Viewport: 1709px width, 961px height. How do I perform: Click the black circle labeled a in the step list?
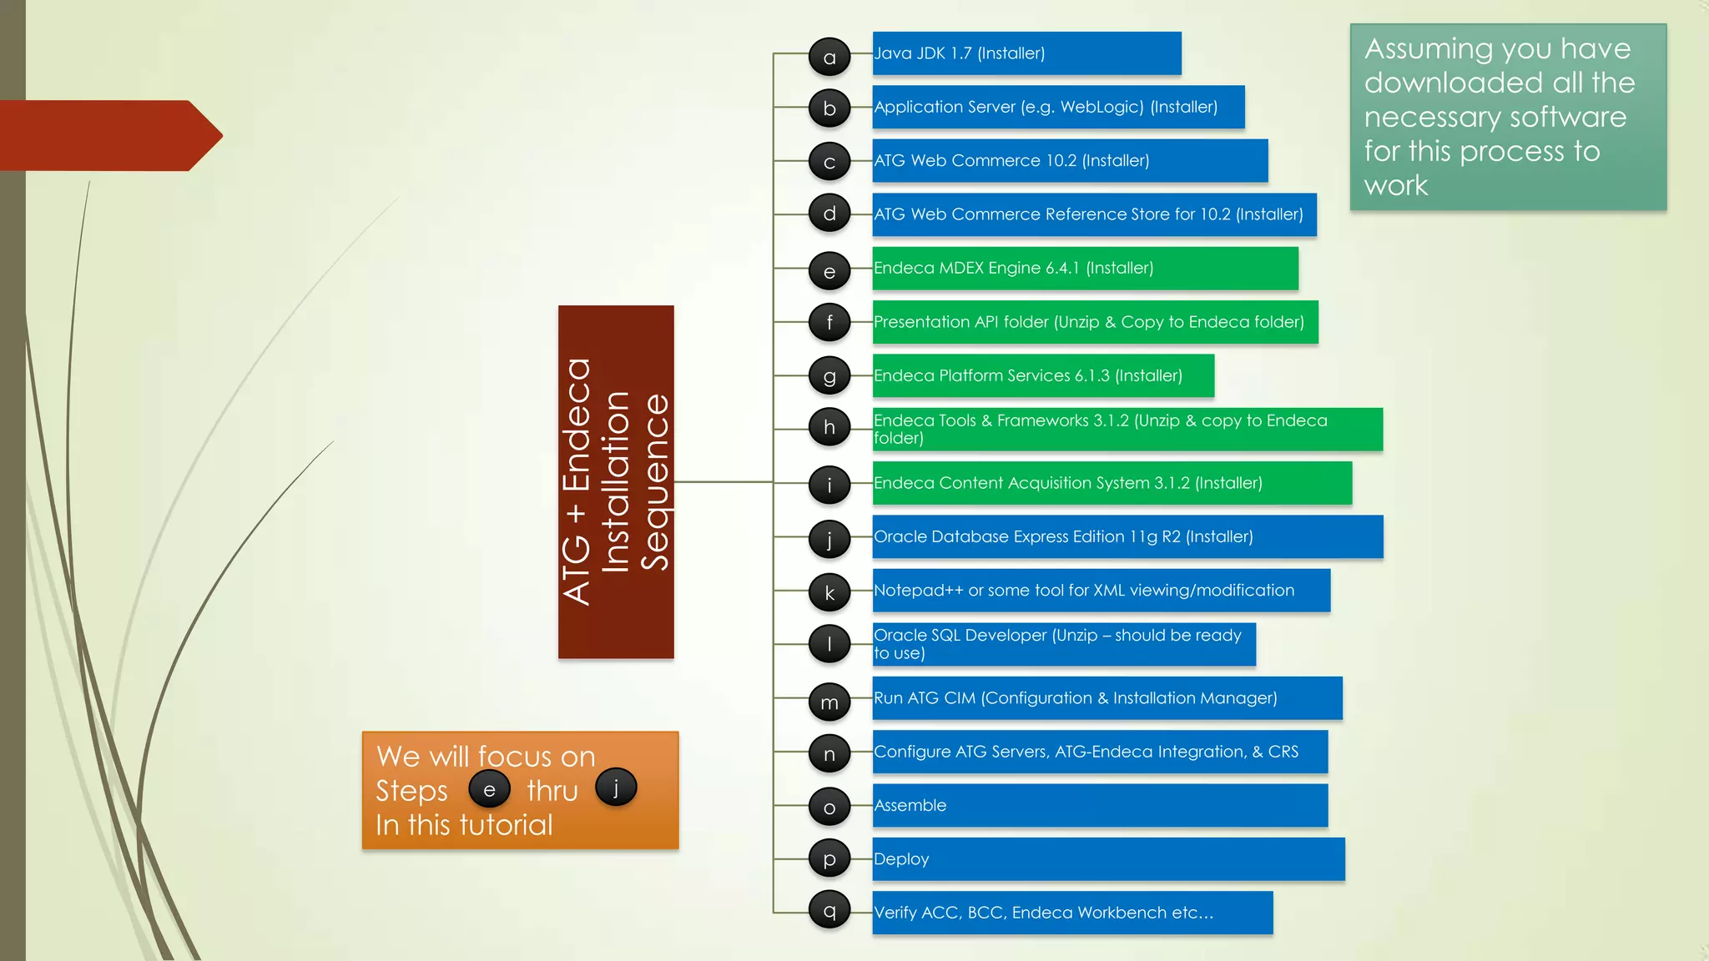pyautogui.click(x=829, y=58)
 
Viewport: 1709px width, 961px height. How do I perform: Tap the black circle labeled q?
pyautogui.click(x=829, y=910)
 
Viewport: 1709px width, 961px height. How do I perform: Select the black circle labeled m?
pyautogui.click(x=829, y=702)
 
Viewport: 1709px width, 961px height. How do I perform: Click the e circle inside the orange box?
pyautogui.click(x=489, y=789)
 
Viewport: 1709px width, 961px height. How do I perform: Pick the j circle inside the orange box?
pyautogui.click(x=616, y=787)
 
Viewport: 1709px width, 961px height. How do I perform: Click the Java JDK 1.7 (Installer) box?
pyautogui.click(x=1026, y=53)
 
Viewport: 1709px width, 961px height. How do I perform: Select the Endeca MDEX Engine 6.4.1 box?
pyautogui.click(x=1085, y=269)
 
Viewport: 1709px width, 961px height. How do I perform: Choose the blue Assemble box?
pyautogui.click(x=1100, y=806)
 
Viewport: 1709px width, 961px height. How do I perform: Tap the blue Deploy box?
pyautogui.click(x=1108, y=859)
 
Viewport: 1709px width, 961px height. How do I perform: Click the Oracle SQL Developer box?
pyautogui.click(x=1064, y=644)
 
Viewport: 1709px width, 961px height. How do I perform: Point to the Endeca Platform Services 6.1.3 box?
pyautogui.click(x=1043, y=376)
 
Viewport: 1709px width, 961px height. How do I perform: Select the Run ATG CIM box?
pyautogui.click(x=1107, y=698)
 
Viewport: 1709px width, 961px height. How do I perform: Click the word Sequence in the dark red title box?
pyautogui.click(x=655, y=482)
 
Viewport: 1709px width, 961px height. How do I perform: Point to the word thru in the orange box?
pyautogui.click(x=552, y=791)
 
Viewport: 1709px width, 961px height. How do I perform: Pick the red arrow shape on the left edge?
pyautogui.click(x=108, y=135)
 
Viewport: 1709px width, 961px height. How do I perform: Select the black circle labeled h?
pyautogui.click(x=829, y=428)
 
